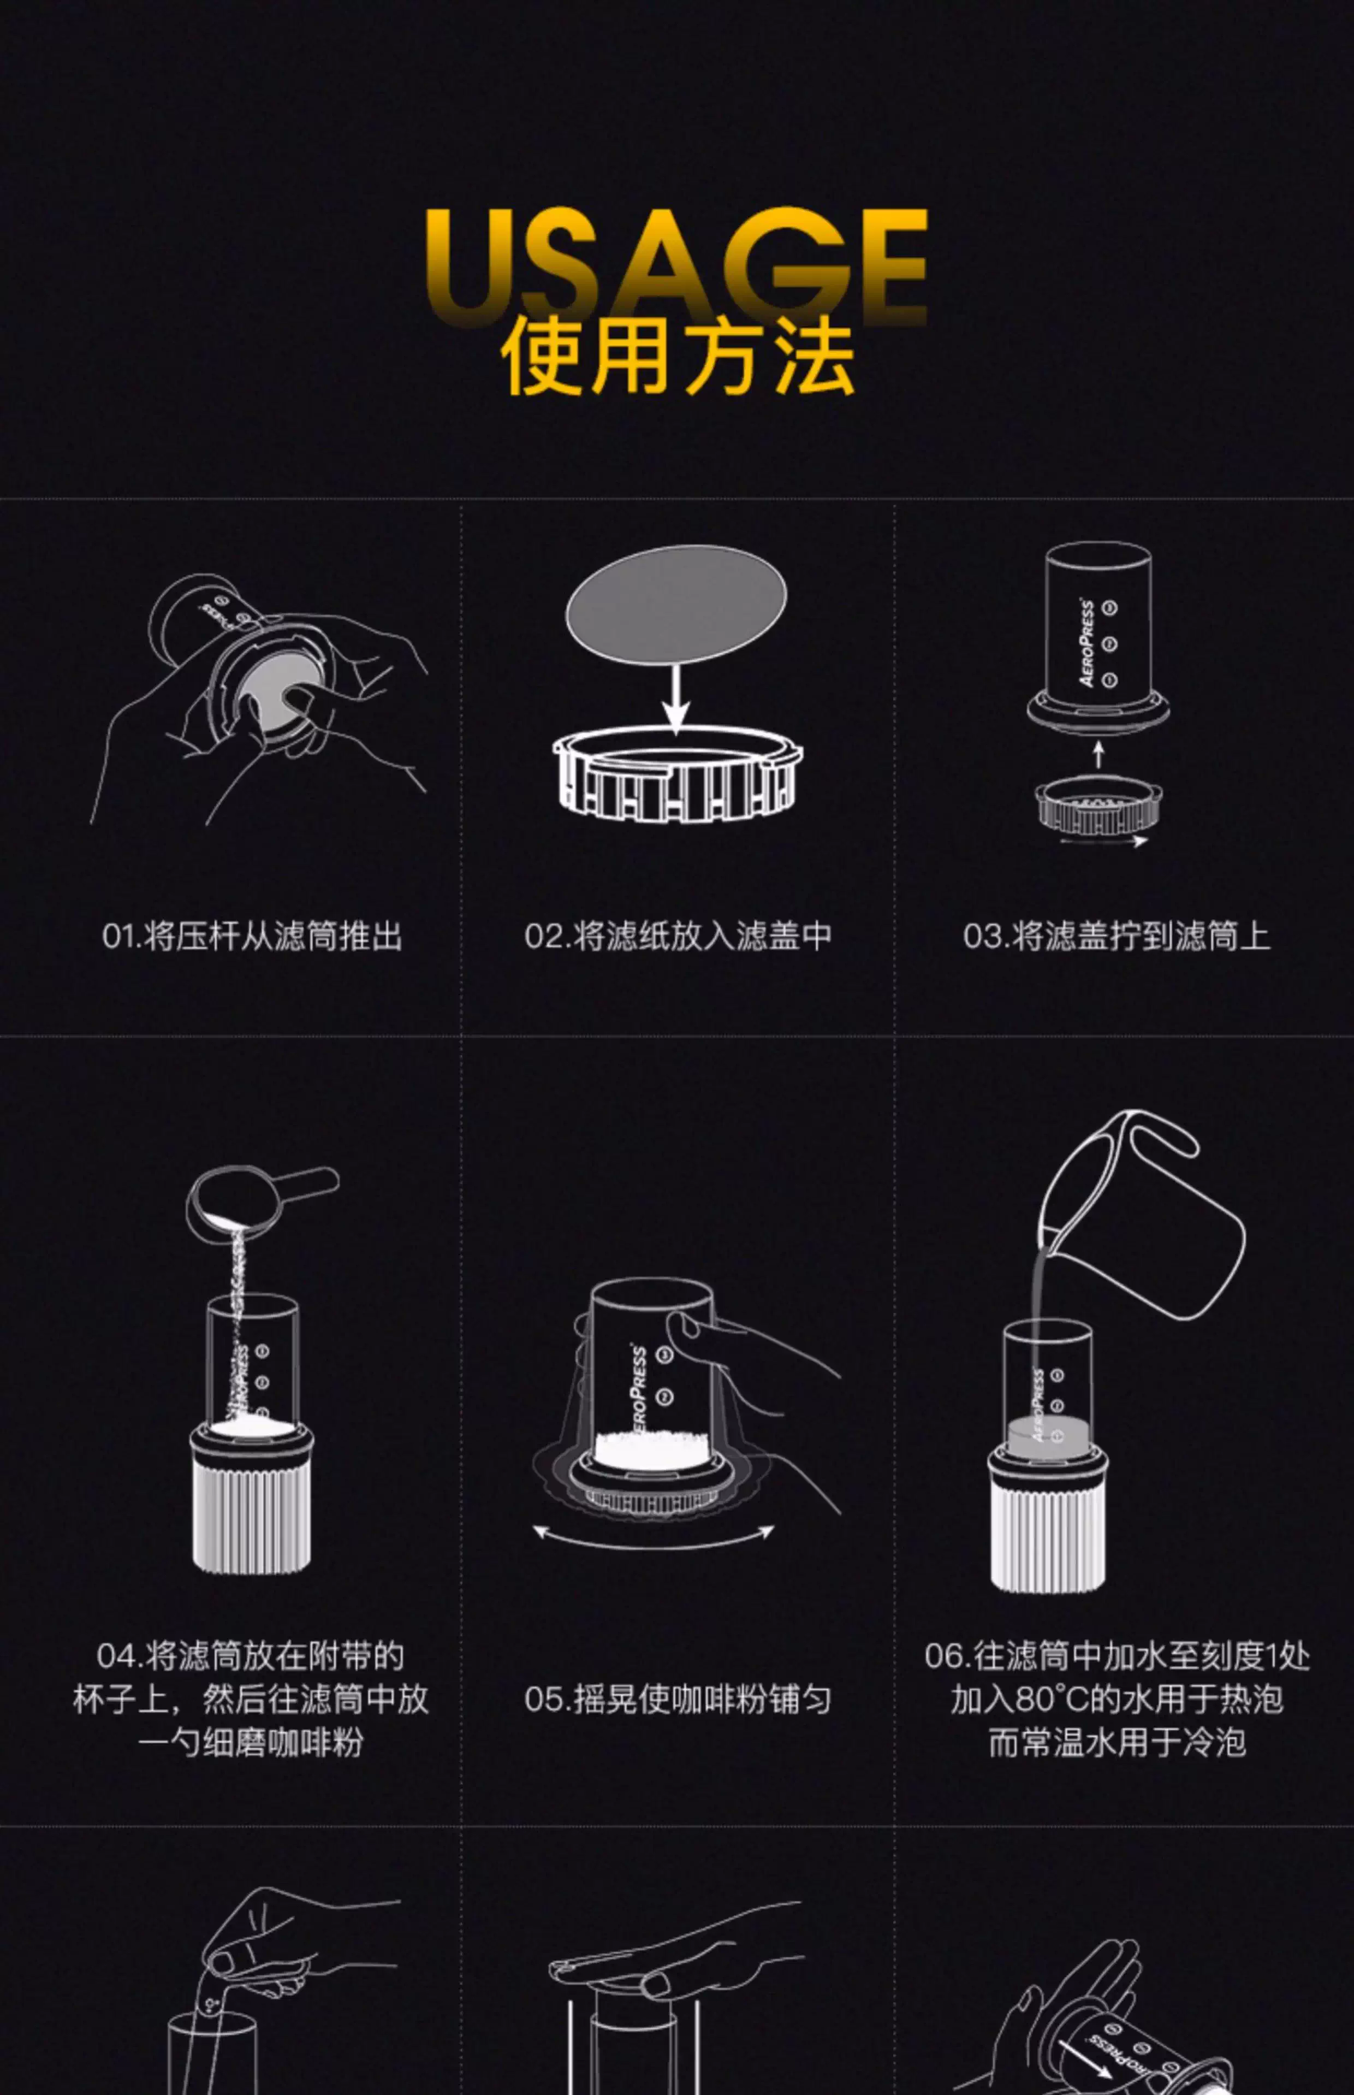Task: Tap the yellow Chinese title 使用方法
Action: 677,356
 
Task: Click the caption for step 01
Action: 252,936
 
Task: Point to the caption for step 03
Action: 1117,936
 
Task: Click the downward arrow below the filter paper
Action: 675,699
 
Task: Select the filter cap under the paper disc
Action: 677,773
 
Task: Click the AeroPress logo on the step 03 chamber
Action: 1086,642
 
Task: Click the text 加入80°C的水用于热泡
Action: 1117,1699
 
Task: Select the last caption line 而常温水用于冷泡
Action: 1117,1742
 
